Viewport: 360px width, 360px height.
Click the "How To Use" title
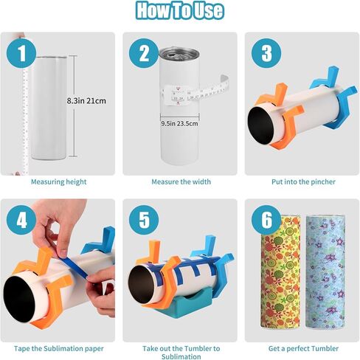point(180,11)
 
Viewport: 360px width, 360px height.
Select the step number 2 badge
point(144,54)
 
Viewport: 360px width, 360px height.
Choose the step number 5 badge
point(144,220)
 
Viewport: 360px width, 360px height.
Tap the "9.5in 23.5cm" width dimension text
point(180,124)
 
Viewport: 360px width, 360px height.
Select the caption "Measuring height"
point(58,181)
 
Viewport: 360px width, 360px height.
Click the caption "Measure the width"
point(180,181)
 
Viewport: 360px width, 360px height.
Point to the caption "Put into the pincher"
point(301,181)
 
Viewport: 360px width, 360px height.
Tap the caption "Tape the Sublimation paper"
point(58,347)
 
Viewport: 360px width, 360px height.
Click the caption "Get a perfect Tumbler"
point(301,347)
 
